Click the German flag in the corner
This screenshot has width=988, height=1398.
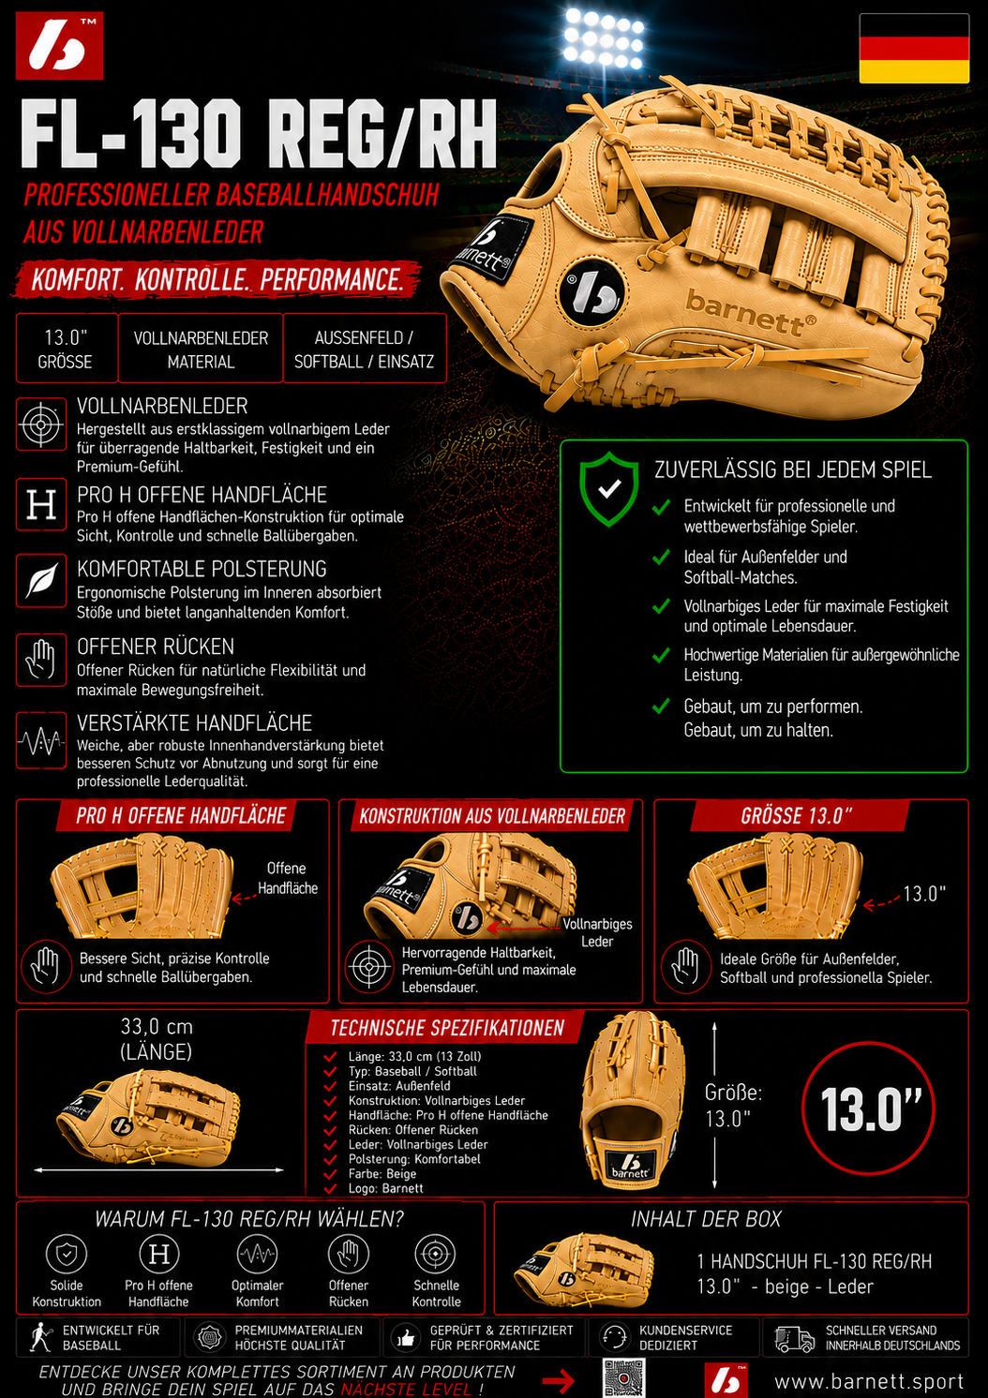pyautogui.click(x=914, y=48)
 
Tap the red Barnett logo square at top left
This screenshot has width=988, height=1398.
pyautogui.click(x=59, y=46)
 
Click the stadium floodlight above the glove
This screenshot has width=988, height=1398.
pyautogui.click(x=603, y=38)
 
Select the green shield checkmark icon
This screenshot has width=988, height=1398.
pyautogui.click(x=609, y=489)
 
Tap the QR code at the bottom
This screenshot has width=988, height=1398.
pyautogui.click(x=624, y=1378)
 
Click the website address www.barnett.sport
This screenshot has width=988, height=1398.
pyautogui.click(x=869, y=1381)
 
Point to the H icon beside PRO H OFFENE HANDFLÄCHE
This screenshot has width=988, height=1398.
pyautogui.click(x=41, y=504)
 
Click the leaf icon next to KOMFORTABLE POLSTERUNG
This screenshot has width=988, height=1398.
pyautogui.click(x=41, y=580)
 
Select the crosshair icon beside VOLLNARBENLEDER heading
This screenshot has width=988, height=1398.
pyautogui.click(x=41, y=424)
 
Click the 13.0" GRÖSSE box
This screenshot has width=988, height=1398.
pyautogui.click(x=67, y=349)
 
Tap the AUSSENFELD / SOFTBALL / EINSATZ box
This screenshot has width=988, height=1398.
pyautogui.click(x=365, y=349)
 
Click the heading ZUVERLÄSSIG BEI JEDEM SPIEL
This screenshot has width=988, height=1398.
pyautogui.click(x=792, y=470)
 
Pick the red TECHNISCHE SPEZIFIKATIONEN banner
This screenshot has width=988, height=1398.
pyautogui.click(x=446, y=1028)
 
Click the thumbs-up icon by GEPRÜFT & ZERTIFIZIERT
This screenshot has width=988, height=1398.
pyautogui.click(x=406, y=1338)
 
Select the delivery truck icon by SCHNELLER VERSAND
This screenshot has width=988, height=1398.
pyautogui.click(x=794, y=1338)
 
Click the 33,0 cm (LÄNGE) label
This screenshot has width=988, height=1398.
pyautogui.click(x=157, y=1039)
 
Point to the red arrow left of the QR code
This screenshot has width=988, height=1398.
pyautogui.click(x=558, y=1380)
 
